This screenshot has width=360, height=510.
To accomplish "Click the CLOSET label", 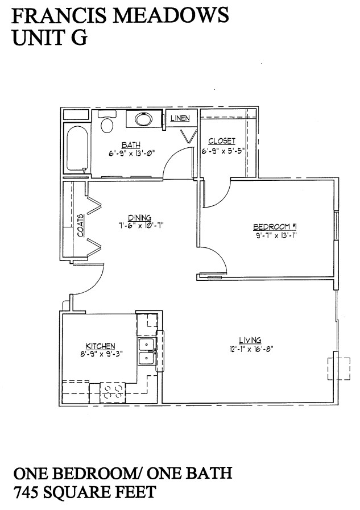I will point(222,141).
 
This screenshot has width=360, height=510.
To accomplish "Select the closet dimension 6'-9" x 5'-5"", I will point(223,152).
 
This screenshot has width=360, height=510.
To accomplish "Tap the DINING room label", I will point(139,217).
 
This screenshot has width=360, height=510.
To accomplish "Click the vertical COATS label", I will point(80,225).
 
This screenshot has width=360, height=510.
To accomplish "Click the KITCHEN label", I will point(101,346).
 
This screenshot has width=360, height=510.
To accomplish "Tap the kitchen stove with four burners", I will point(113,391).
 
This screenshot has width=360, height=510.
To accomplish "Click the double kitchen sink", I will point(147,351).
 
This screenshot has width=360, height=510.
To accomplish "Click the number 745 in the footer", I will point(27,491).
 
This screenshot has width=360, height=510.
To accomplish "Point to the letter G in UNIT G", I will point(78,38).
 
